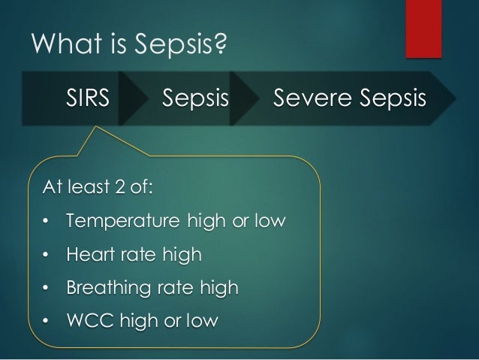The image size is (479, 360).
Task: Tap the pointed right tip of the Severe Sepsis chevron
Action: pyautogui.click(x=453, y=98)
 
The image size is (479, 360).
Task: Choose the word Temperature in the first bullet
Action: pyautogui.click(x=122, y=223)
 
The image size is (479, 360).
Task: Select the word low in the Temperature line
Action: pyautogui.click(x=269, y=222)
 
